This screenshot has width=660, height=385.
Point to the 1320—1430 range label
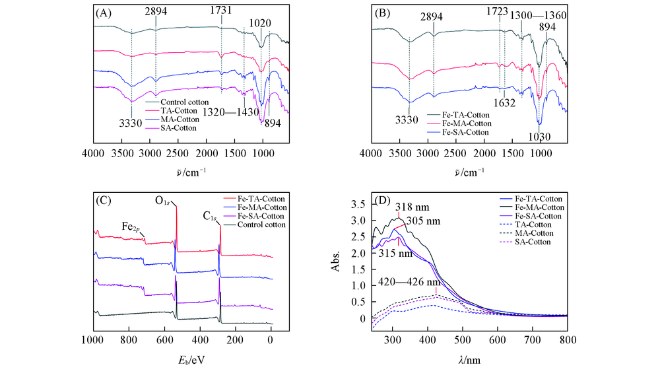coord(234,112)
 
